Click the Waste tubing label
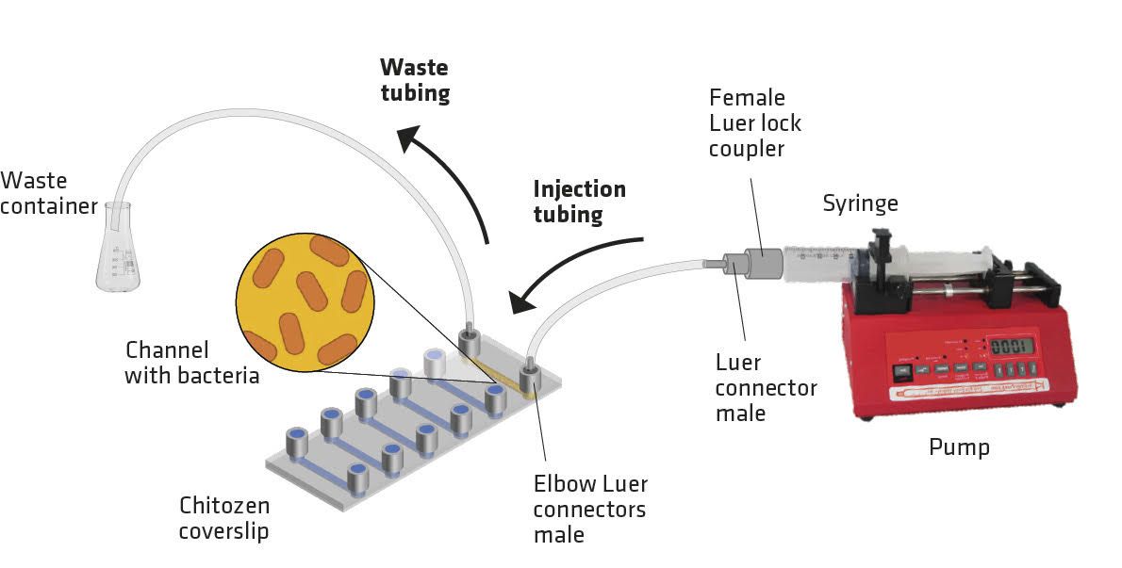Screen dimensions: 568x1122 [414, 80]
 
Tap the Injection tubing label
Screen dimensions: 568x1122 [579, 201]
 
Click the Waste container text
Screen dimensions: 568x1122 [48, 192]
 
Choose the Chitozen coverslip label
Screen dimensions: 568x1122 [224, 518]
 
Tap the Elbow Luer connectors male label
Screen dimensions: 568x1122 [590, 510]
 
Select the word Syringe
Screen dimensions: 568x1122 [860, 203]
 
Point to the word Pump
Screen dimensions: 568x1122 [960, 446]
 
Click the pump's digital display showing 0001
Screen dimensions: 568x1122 [1011, 345]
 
